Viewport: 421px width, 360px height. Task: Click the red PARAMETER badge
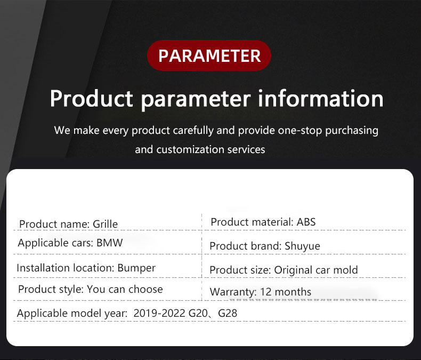click(x=209, y=55)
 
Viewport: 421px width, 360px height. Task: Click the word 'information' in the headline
click(x=321, y=99)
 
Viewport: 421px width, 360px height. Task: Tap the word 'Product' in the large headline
click(x=92, y=99)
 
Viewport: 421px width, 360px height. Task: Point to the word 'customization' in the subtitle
click(x=190, y=149)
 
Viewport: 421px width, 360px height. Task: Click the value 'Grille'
click(x=106, y=224)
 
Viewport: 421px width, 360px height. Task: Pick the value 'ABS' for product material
click(x=306, y=222)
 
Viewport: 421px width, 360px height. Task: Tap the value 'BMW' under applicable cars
click(x=110, y=243)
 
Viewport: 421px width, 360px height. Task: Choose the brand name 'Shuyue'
click(x=302, y=246)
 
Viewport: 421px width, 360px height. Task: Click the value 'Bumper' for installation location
click(x=136, y=268)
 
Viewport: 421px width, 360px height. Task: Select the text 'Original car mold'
click(x=315, y=270)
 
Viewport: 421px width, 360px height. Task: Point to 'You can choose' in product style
click(x=125, y=290)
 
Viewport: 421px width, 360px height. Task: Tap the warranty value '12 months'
click(x=286, y=292)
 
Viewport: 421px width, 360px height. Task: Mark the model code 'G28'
click(x=228, y=313)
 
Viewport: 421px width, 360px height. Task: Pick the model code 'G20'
click(x=198, y=313)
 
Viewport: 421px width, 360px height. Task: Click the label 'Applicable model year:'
click(x=72, y=314)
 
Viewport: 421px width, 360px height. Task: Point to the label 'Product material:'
click(x=252, y=222)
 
